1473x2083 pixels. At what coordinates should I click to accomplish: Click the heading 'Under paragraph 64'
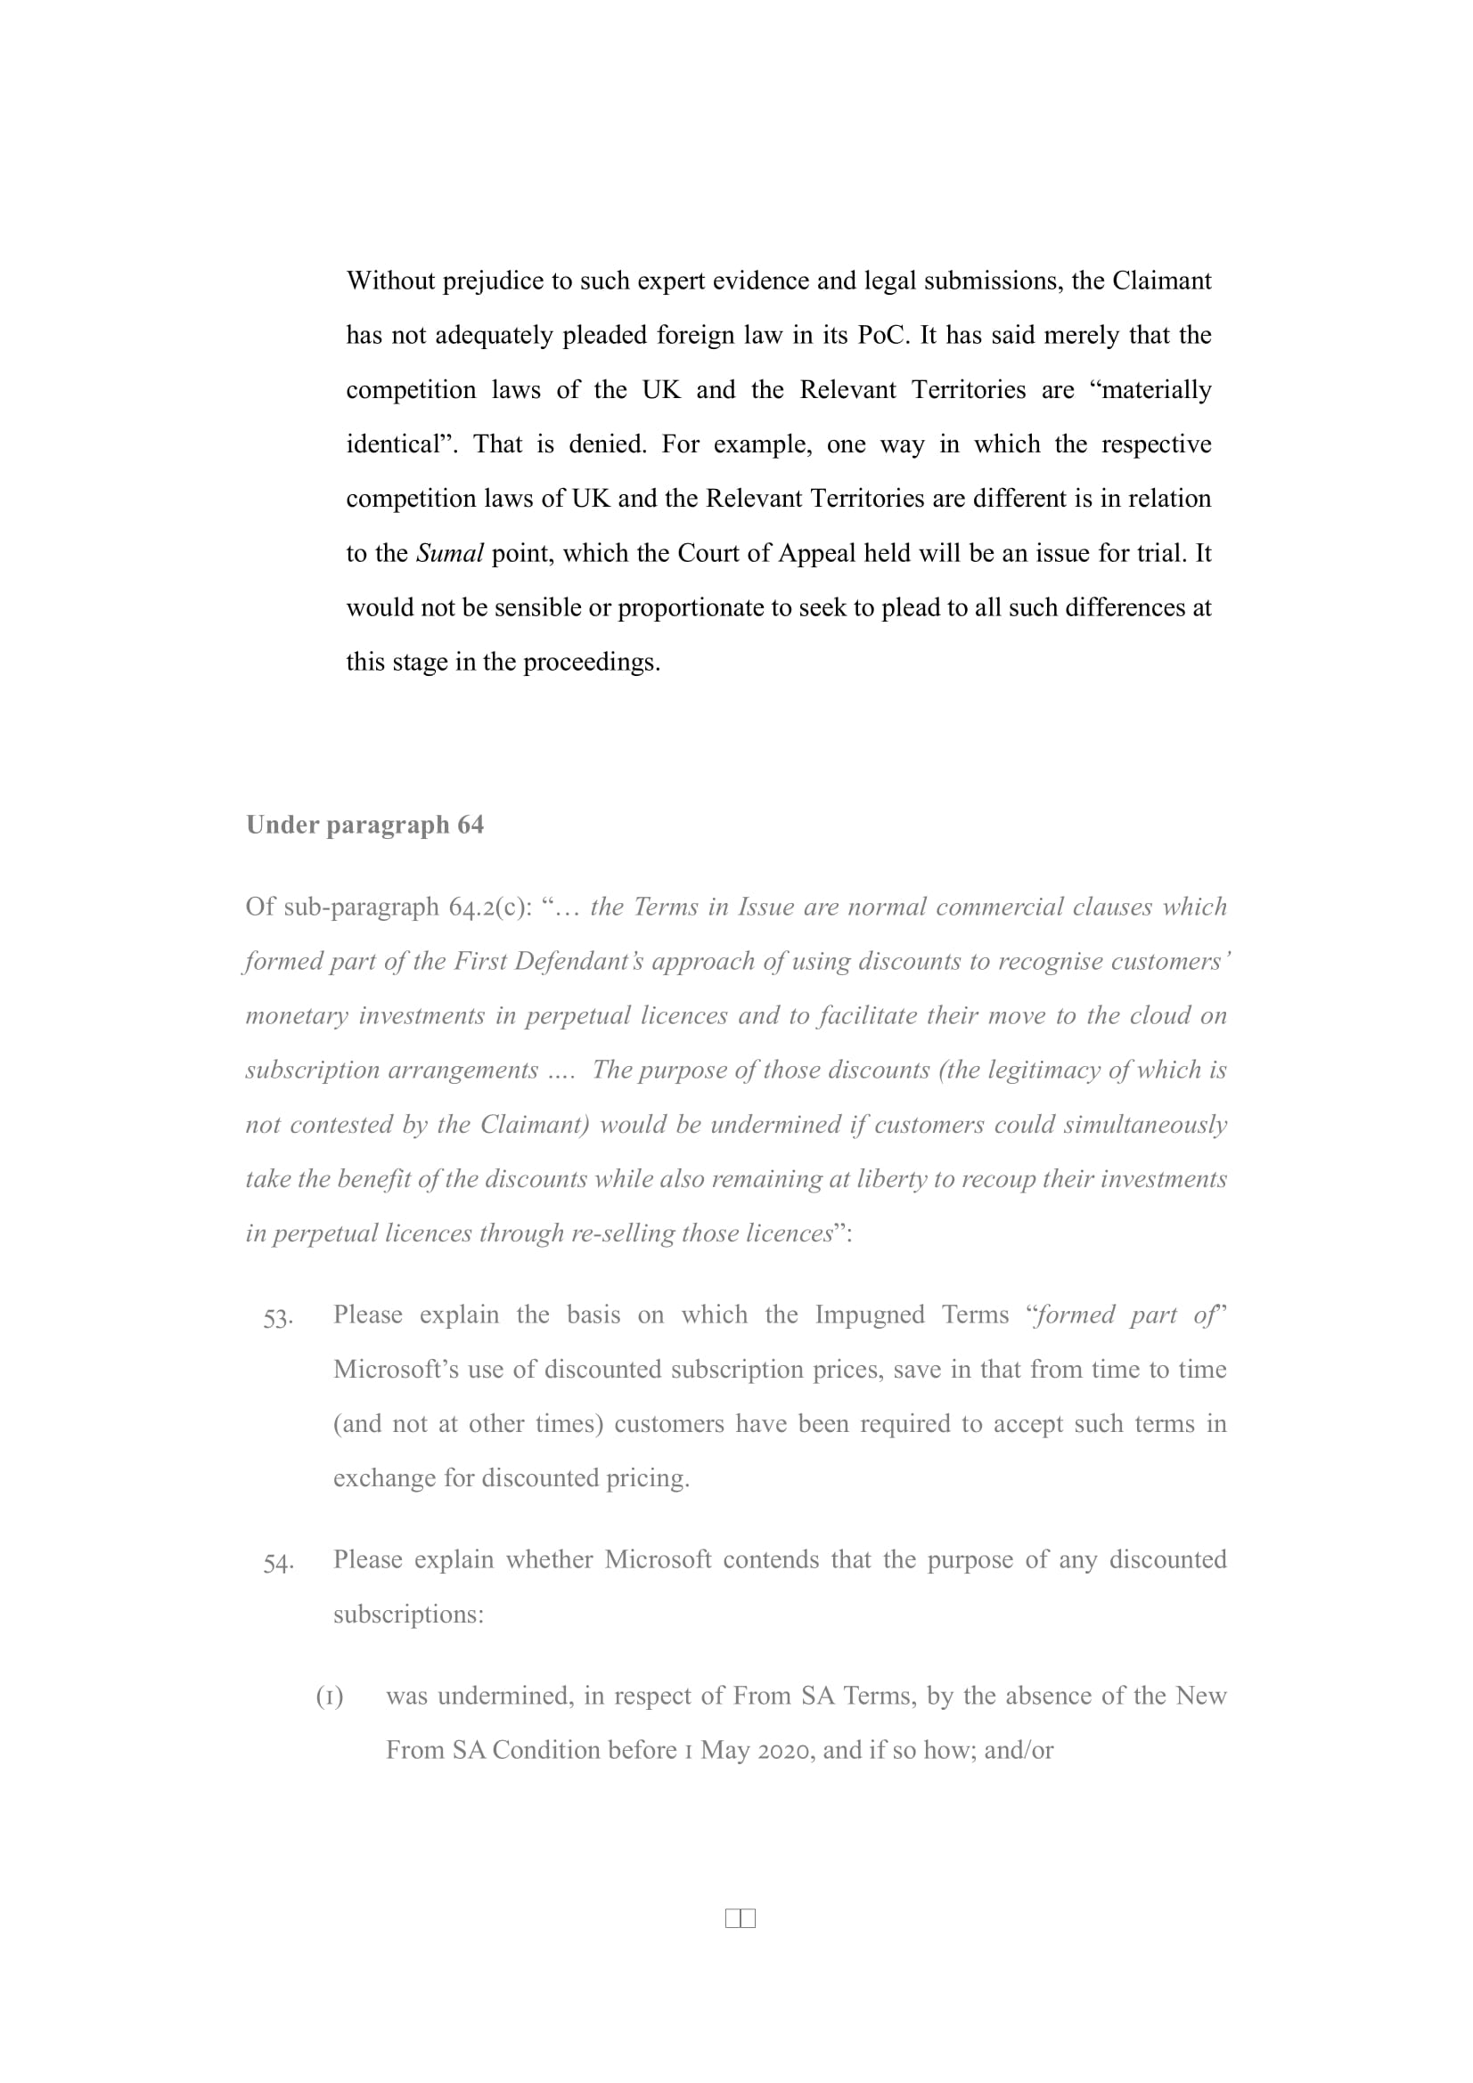[364, 825]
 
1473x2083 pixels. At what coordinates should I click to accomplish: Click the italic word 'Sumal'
[449, 553]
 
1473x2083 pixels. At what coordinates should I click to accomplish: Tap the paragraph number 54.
[278, 1563]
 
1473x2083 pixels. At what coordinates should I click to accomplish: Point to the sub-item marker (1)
[330, 1697]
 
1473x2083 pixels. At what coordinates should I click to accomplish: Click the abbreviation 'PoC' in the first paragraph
[881, 336]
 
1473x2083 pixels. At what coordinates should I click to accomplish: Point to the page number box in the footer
[741, 1918]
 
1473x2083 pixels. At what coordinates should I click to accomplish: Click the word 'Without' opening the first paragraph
[390, 281]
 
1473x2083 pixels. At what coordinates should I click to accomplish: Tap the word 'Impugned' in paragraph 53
[869, 1315]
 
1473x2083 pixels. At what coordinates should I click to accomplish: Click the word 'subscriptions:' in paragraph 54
[408, 1615]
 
